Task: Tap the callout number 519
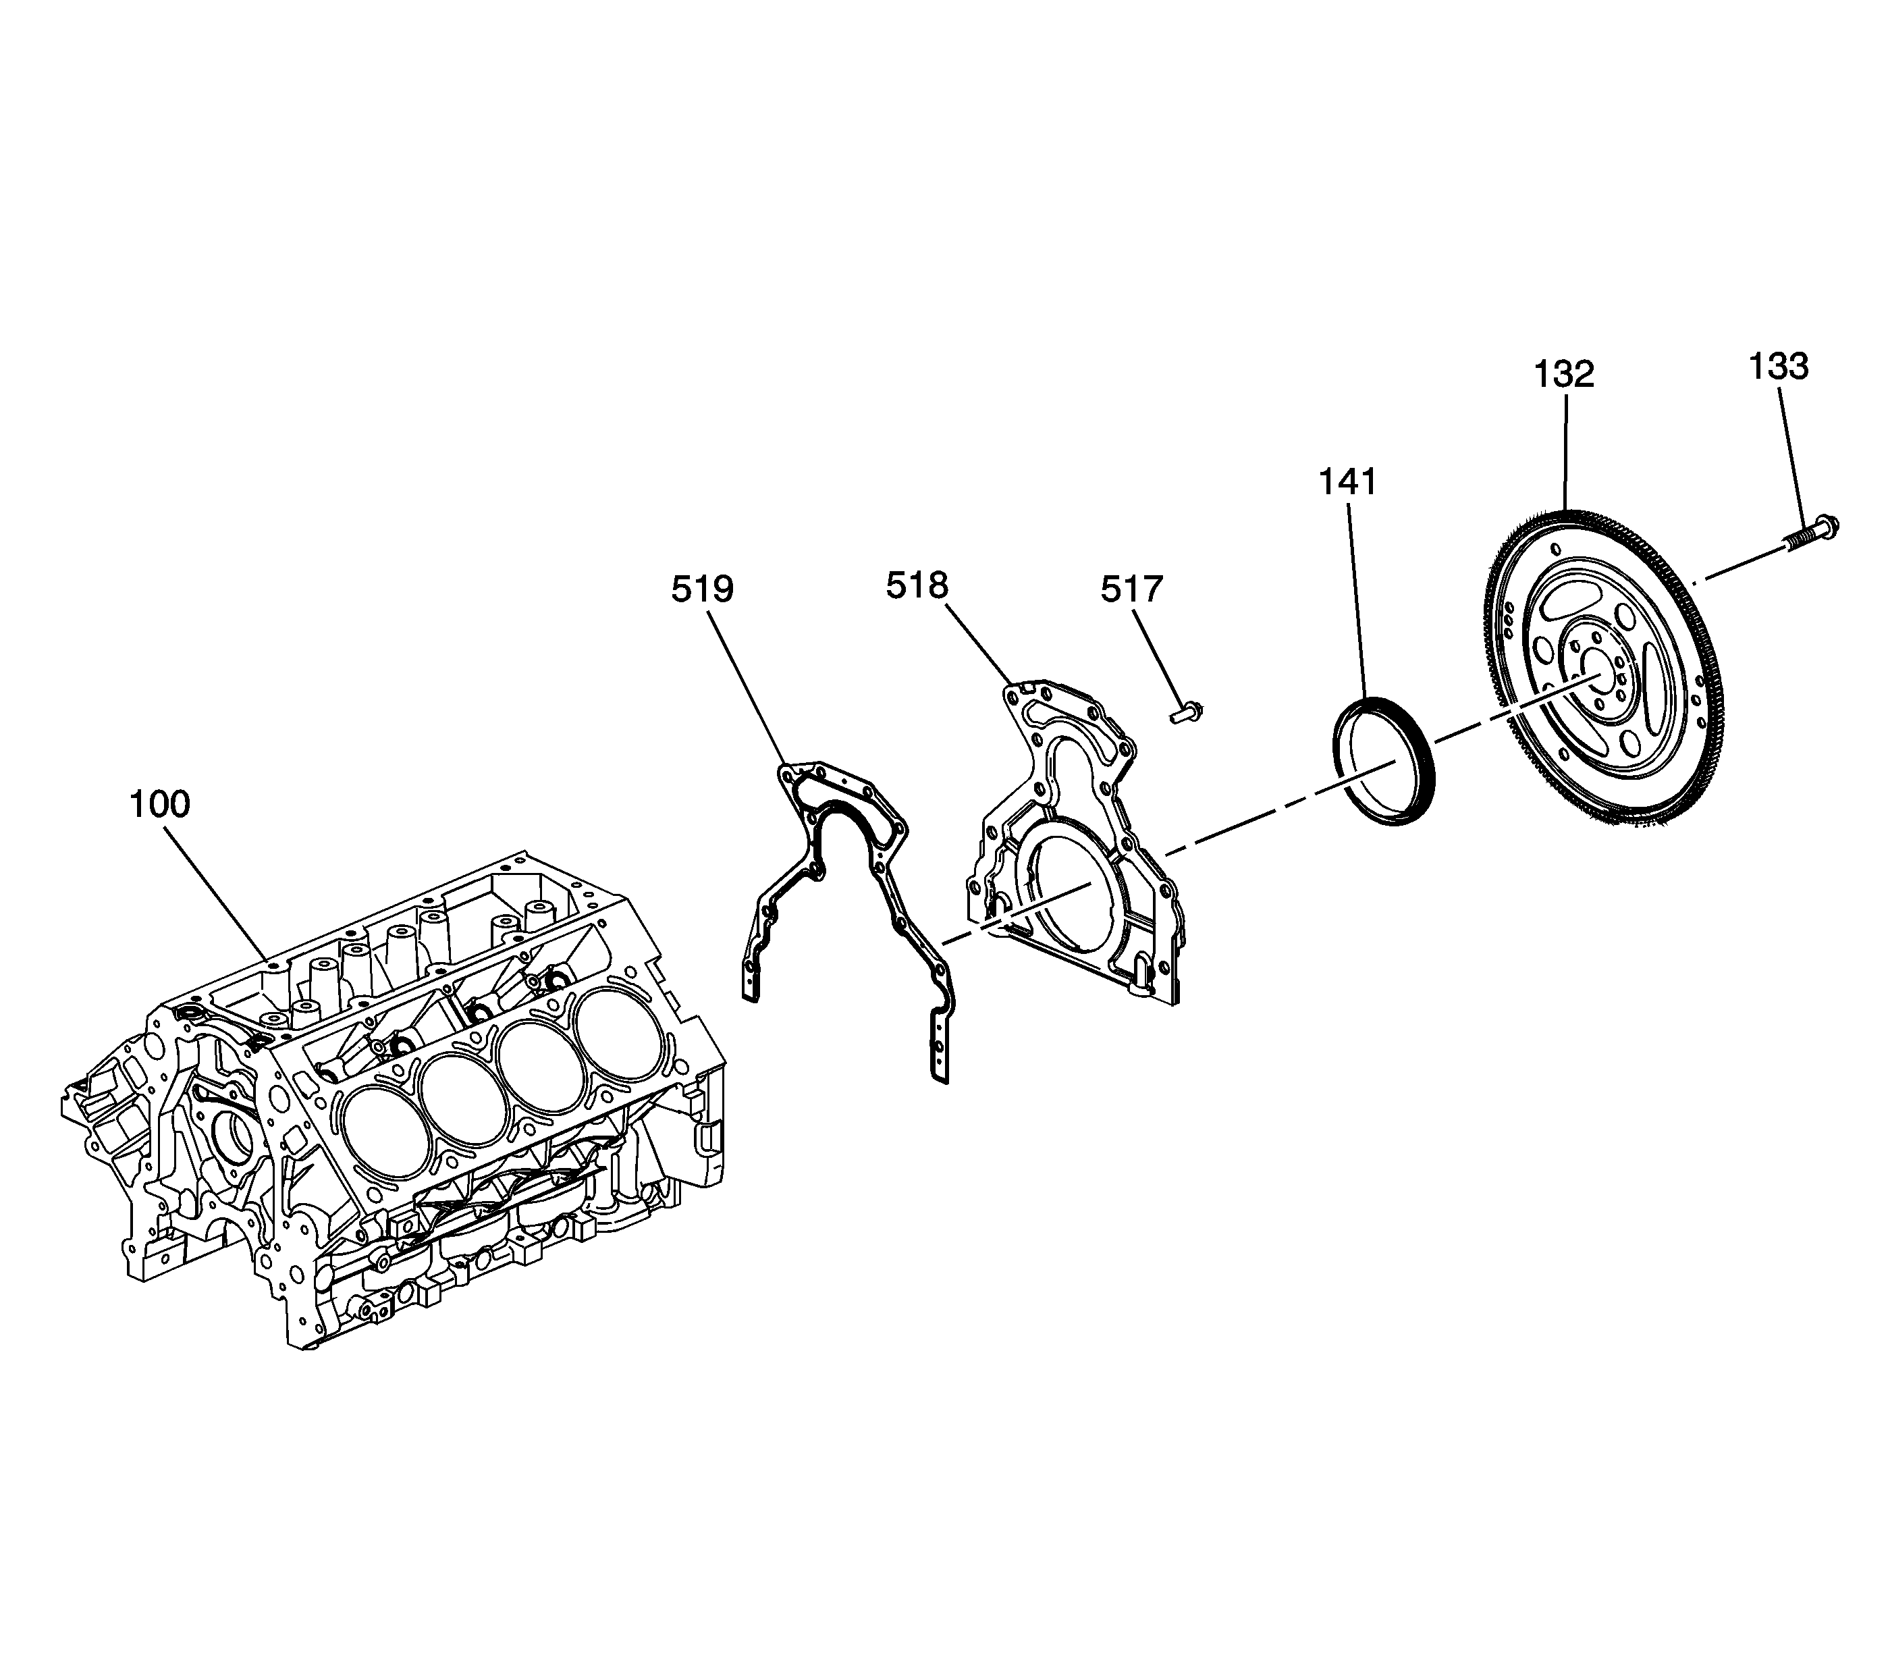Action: point(702,589)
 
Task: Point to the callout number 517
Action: point(1131,589)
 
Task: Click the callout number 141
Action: point(1347,481)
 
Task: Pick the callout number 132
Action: point(1565,374)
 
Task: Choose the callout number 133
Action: point(1778,367)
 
